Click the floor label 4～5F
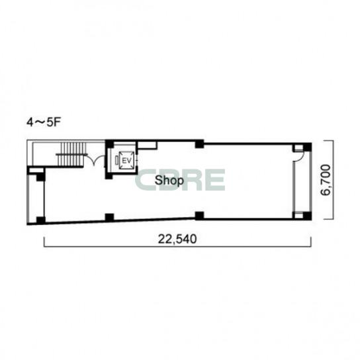pyautogui.click(x=43, y=122)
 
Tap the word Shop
pyautogui.click(x=169, y=181)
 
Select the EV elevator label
pyautogui.click(x=126, y=161)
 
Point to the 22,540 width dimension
pyautogui.click(x=177, y=239)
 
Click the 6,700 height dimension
pyautogui.click(x=326, y=180)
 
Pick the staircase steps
pyautogui.click(x=71, y=154)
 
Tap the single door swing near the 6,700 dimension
pyautogui.click(x=298, y=157)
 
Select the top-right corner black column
pyautogui.click(x=308, y=147)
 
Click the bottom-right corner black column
pyautogui.click(x=308, y=216)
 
